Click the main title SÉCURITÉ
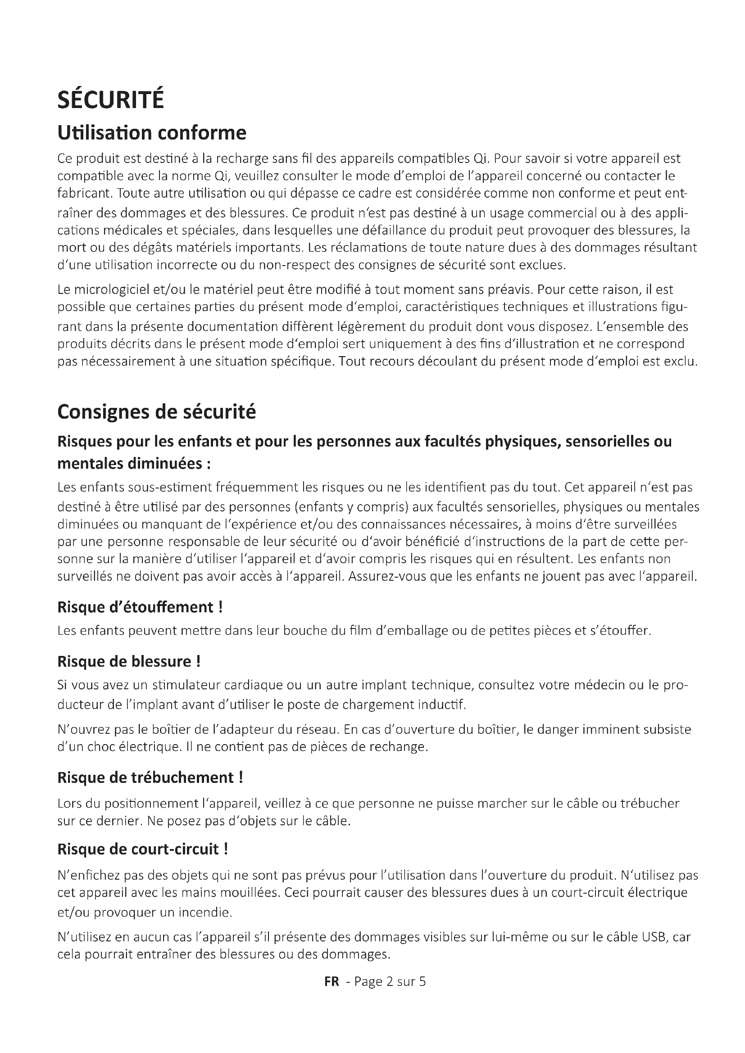[x=110, y=100]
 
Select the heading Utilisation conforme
[x=152, y=133]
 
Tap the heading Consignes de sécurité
[x=156, y=412]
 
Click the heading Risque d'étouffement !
[x=140, y=607]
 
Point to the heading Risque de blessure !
[x=129, y=661]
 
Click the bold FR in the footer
[x=332, y=981]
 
